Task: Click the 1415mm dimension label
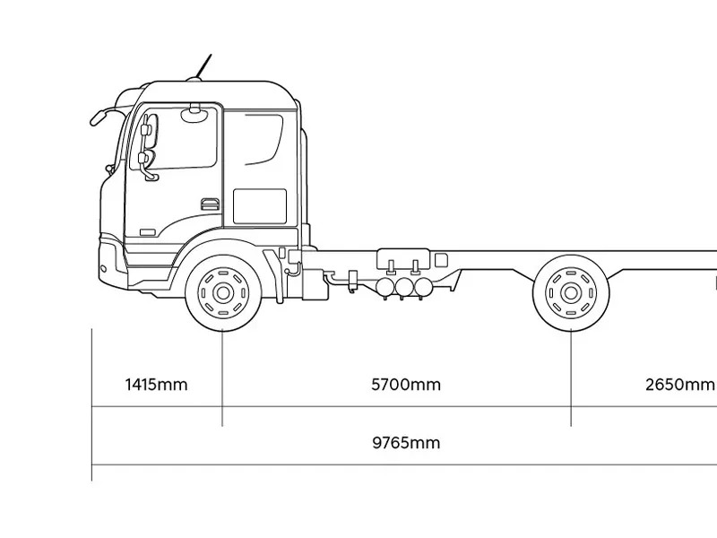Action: click(156, 385)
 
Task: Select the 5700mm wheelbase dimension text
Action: click(406, 385)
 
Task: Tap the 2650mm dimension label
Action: click(680, 385)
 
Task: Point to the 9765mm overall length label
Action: click(406, 443)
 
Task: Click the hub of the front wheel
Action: click(223, 293)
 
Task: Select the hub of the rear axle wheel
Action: click(571, 293)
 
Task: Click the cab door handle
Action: click(210, 204)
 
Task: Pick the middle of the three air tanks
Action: click(404, 287)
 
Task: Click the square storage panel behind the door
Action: click(260, 206)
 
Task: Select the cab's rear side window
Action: click(264, 140)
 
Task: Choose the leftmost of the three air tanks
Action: click(385, 287)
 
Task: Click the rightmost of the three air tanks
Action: click(422, 287)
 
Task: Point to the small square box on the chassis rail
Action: click(441, 260)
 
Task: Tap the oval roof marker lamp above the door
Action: click(194, 115)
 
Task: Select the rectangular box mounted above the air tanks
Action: click(403, 259)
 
